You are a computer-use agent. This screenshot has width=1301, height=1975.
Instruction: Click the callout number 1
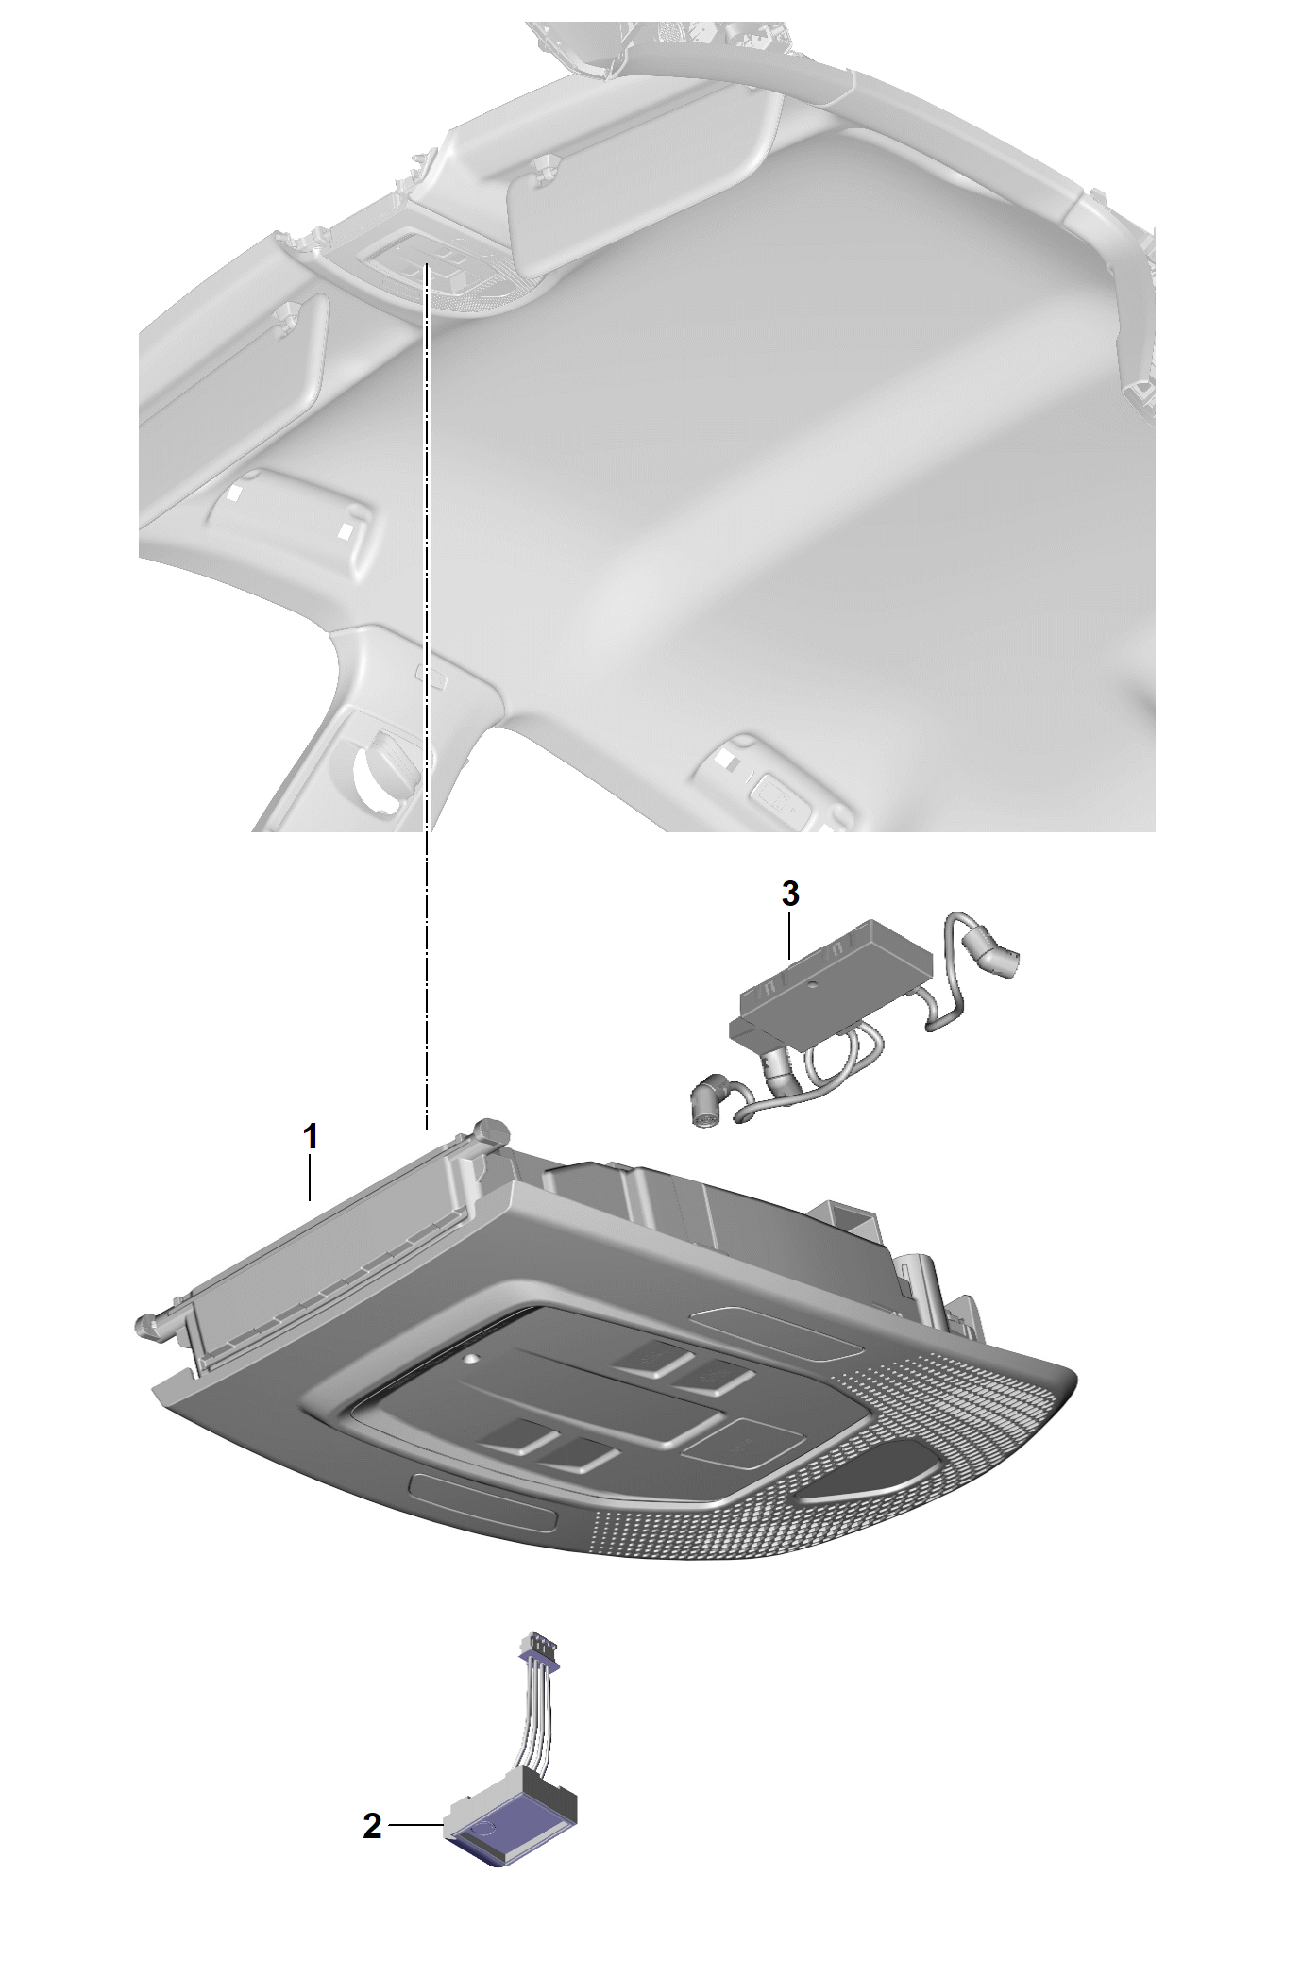pyautogui.click(x=310, y=1136)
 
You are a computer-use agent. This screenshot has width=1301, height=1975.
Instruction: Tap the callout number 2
pyautogui.click(x=373, y=1827)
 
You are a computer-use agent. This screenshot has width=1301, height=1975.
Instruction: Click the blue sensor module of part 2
pyautogui.click(x=511, y=1826)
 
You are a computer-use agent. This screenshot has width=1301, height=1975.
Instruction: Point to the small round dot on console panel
pyautogui.click(x=470, y=1360)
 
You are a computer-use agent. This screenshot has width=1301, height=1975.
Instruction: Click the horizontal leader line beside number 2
pyautogui.click(x=415, y=1827)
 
